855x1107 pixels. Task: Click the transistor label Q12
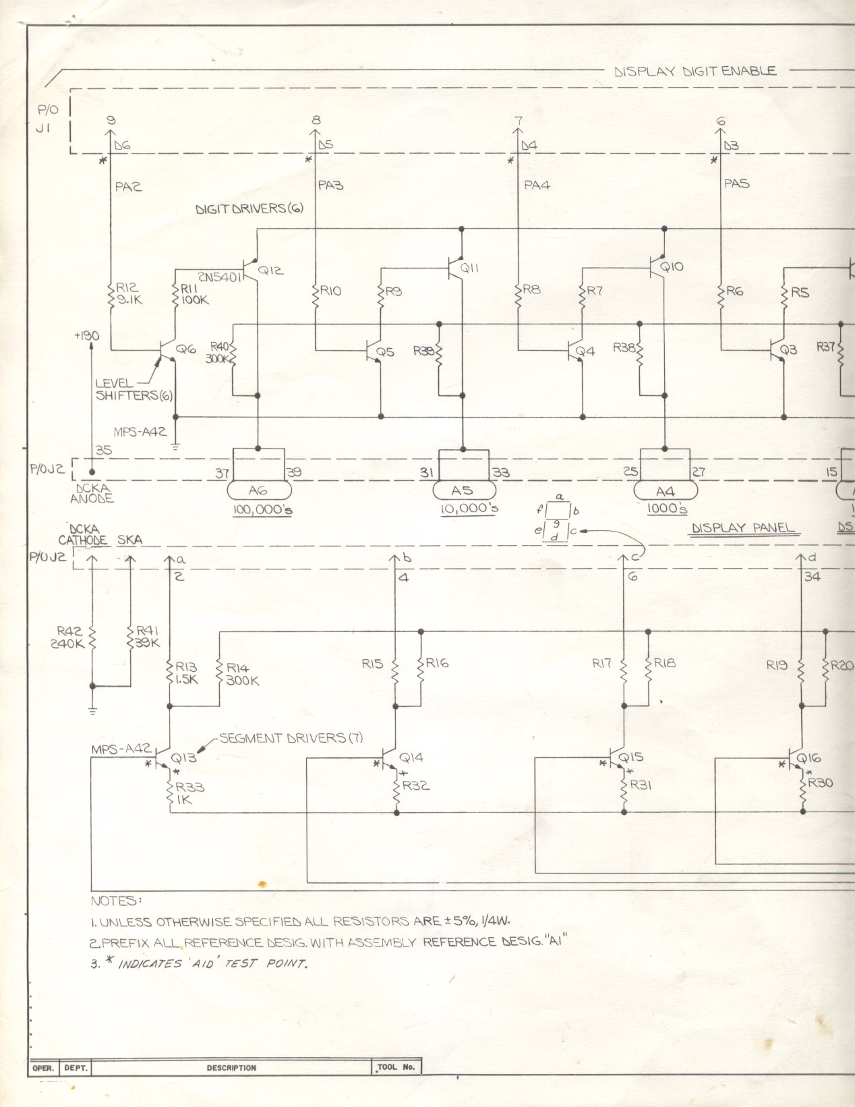click(x=271, y=270)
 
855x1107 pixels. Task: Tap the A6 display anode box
click(x=259, y=490)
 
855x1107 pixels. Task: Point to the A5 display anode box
click(x=463, y=490)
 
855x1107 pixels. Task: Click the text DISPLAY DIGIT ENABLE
click(x=695, y=71)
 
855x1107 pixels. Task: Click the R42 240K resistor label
click(x=69, y=637)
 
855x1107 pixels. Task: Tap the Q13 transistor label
click(x=183, y=758)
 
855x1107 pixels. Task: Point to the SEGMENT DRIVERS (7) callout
click(x=291, y=738)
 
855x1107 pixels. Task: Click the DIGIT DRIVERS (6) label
click(x=249, y=209)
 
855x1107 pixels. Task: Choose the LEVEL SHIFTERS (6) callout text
click(x=126, y=390)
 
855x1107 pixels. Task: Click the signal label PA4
click(x=537, y=184)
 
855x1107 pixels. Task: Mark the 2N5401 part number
click(x=221, y=277)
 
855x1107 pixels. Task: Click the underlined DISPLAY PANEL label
click(x=743, y=528)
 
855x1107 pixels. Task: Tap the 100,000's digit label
click(x=262, y=510)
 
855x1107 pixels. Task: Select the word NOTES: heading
click(x=116, y=901)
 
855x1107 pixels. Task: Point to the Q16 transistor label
click(x=808, y=758)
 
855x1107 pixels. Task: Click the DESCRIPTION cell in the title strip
click(x=231, y=1068)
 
